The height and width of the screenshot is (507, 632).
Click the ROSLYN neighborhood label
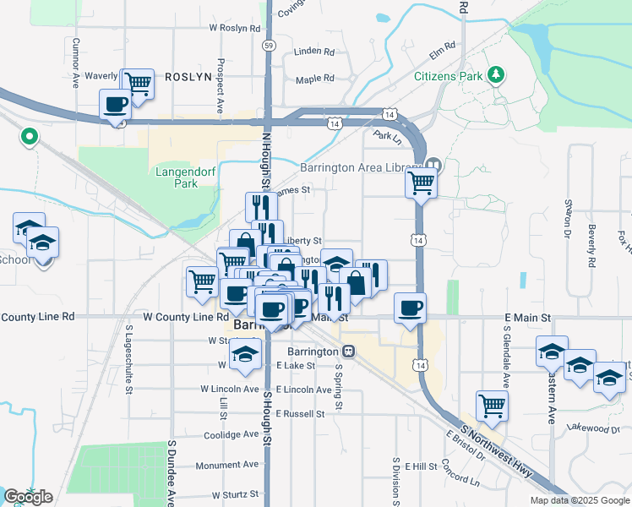[186, 76]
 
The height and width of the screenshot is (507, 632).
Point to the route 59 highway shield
[268, 44]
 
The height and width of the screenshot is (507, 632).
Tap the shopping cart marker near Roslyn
[137, 83]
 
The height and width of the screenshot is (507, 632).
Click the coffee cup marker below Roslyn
[116, 106]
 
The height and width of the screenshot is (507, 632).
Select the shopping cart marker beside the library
[421, 182]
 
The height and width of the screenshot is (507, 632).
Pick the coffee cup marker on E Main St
[410, 307]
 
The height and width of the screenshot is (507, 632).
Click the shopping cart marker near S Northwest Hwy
[492, 405]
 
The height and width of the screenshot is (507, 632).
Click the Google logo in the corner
[28, 496]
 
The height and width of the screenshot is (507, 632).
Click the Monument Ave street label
[227, 465]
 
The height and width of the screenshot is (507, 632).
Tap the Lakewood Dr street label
[593, 428]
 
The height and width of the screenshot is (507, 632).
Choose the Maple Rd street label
[315, 79]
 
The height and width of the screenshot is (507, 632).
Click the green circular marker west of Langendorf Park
[29, 135]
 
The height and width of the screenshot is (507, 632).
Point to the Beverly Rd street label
[591, 237]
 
